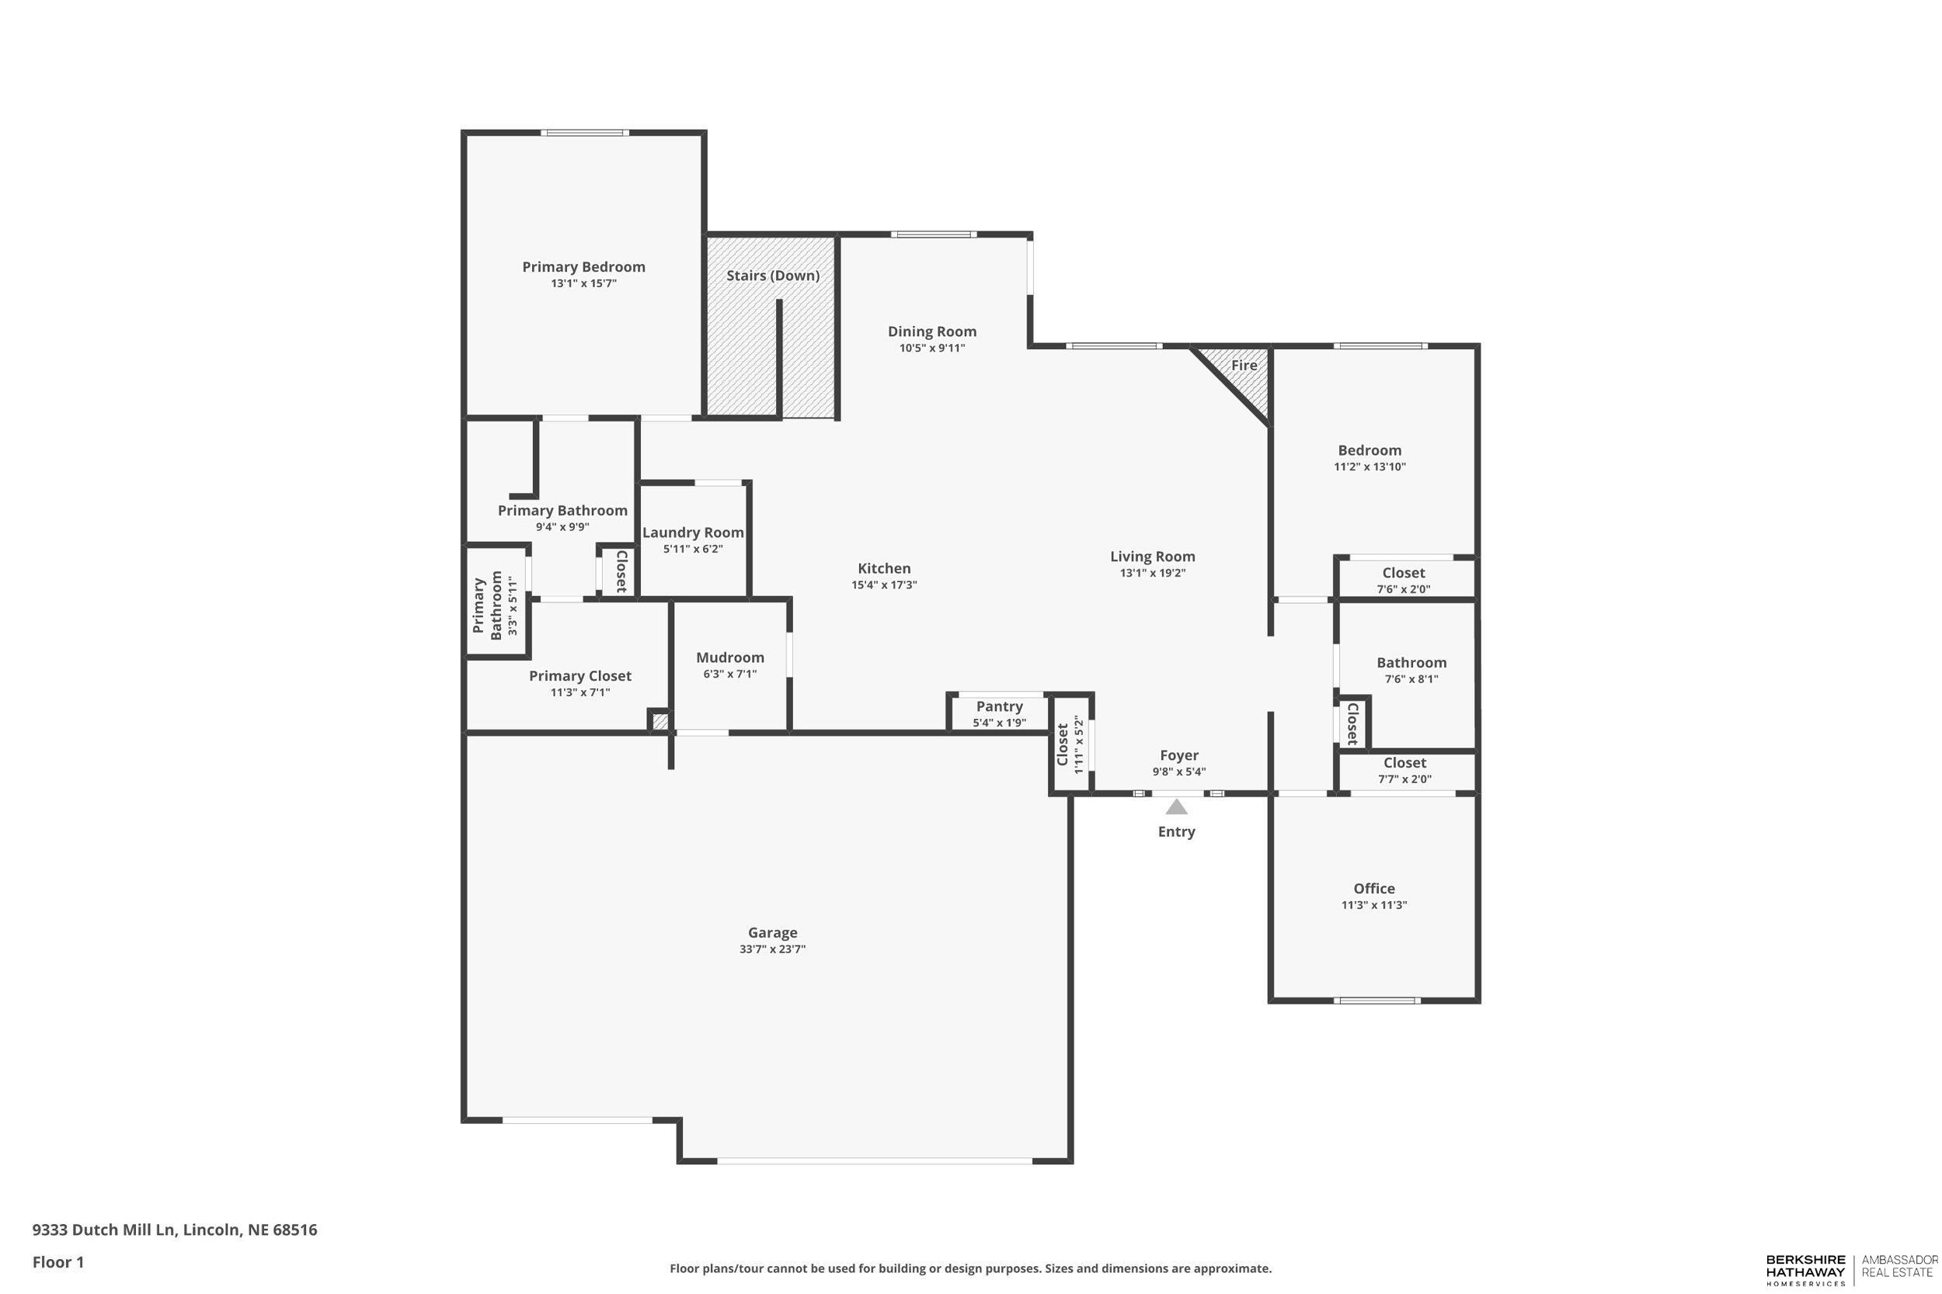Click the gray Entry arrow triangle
pyautogui.click(x=1176, y=807)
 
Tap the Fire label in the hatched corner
pyautogui.click(x=1244, y=366)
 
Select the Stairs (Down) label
pyautogui.click(x=773, y=276)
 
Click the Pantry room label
pyautogui.click(x=999, y=706)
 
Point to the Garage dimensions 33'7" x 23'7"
pyautogui.click(x=772, y=949)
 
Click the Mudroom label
pyautogui.click(x=730, y=657)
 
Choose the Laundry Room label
pyautogui.click(x=693, y=533)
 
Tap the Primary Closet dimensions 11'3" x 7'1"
pyautogui.click(x=579, y=692)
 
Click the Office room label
pyautogui.click(x=1374, y=889)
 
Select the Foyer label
pyautogui.click(x=1178, y=755)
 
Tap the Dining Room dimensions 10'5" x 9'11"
pyautogui.click(x=931, y=349)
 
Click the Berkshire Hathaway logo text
pyautogui.click(x=1805, y=1270)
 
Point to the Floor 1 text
pyautogui.click(x=57, y=1262)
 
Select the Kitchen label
pyautogui.click(x=883, y=569)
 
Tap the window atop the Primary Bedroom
pyautogui.click(x=585, y=133)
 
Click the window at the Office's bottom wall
pyautogui.click(x=1376, y=1001)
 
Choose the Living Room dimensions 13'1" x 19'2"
pyautogui.click(x=1152, y=573)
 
